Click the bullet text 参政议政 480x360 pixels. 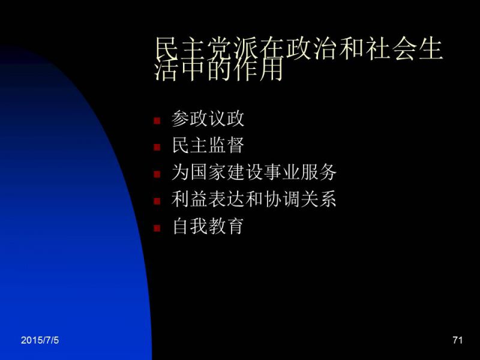pyautogui.click(x=208, y=118)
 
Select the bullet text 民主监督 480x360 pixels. pyautogui.click(x=208, y=145)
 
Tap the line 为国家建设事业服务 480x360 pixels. pyautogui.click(x=254, y=172)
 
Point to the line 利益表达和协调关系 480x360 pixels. pyautogui.click(x=254, y=199)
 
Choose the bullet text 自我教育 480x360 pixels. pyautogui.click(x=208, y=226)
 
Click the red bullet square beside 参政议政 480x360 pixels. pyautogui.click(x=157, y=121)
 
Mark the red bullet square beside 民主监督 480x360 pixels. pyautogui.click(x=157, y=148)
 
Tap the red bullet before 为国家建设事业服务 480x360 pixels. pyautogui.click(x=157, y=174)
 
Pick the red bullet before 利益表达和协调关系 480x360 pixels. pyautogui.click(x=157, y=201)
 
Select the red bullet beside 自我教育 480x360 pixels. pyautogui.click(x=157, y=228)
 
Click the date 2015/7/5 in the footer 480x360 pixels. pyautogui.click(x=40, y=340)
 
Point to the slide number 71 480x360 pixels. pyautogui.click(x=457, y=340)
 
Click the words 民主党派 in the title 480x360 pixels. pyautogui.click(x=206, y=49)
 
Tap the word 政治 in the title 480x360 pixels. pyautogui.click(x=311, y=49)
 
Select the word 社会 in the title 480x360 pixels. pyautogui.click(x=391, y=49)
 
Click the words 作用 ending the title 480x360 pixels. pyautogui.click(x=259, y=68)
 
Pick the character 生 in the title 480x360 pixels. pyautogui.click(x=430, y=49)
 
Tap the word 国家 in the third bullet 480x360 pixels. pyautogui.click(x=208, y=172)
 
